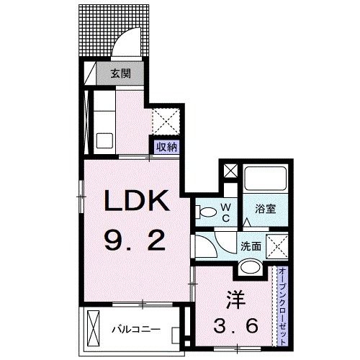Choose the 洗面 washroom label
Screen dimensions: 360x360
tap(251, 245)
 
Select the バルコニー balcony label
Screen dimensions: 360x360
tap(135, 330)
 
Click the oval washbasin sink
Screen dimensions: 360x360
tap(250, 268)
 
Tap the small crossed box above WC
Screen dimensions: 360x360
tap(230, 172)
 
